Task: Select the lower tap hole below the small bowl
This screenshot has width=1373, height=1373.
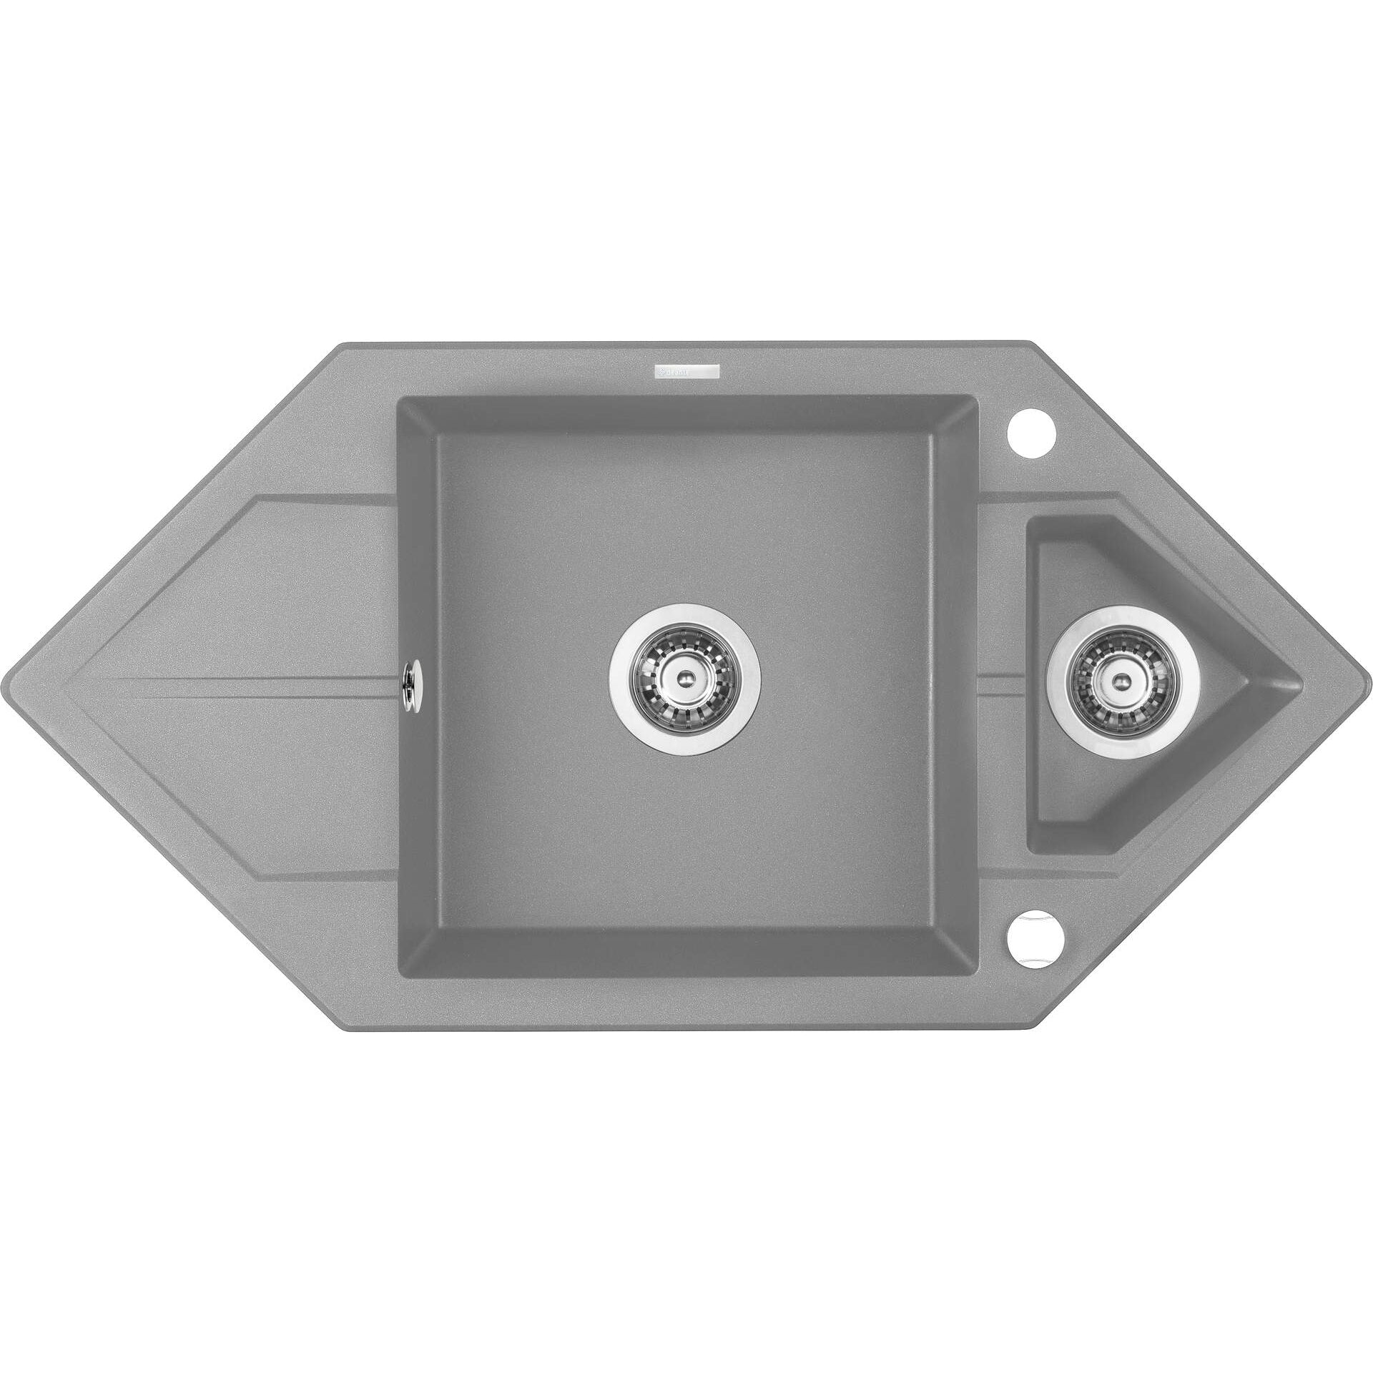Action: tap(1031, 937)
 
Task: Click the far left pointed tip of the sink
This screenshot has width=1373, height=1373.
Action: tap(6, 685)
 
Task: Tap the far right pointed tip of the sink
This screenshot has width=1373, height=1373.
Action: tap(1367, 684)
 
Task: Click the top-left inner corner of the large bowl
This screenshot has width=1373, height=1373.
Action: tap(399, 398)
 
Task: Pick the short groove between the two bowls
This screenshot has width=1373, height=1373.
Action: tap(1003, 685)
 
